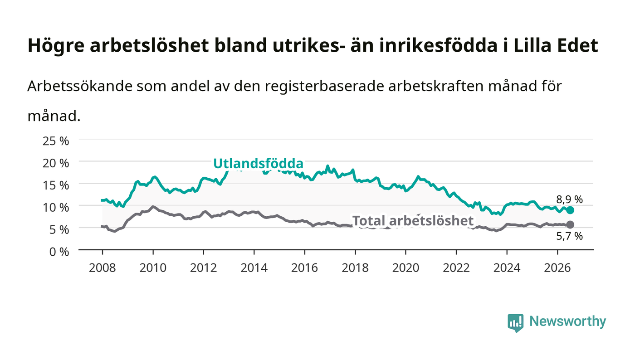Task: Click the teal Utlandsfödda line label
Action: tap(258, 164)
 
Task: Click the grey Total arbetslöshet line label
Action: tap(413, 221)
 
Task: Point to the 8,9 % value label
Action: tap(569, 199)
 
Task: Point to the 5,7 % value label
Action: tap(569, 236)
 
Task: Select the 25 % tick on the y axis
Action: tap(56, 141)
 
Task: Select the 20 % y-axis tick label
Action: tap(56, 163)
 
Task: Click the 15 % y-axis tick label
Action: tap(56, 185)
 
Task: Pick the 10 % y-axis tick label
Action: tap(56, 208)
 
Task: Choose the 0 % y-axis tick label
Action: tap(59, 252)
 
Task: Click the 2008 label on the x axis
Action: tap(103, 268)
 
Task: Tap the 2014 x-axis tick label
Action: tap(254, 268)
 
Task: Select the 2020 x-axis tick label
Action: tap(405, 268)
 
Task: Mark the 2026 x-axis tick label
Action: tap(557, 268)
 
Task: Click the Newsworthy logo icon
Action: tap(516, 323)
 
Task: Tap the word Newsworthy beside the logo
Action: tap(567, 321)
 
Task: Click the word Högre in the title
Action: tap(56, 45)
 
